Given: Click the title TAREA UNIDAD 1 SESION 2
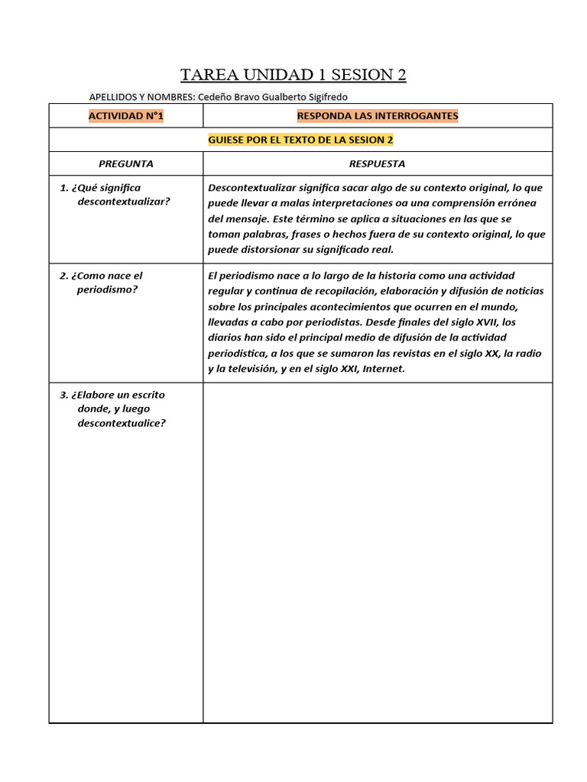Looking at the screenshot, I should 293,74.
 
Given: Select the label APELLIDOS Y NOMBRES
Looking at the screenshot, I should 141,97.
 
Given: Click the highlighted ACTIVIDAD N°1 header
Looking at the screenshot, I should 126,116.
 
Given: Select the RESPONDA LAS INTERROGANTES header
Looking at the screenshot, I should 377,116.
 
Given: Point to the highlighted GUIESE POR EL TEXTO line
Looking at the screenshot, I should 300,141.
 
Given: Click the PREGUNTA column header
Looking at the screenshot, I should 126,163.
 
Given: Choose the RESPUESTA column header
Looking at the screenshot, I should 377,163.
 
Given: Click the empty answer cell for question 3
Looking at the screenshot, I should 377,550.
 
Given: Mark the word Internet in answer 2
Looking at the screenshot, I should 383,369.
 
